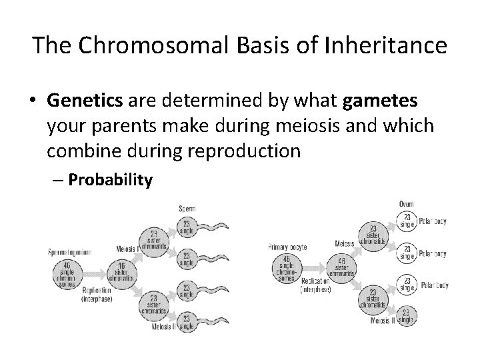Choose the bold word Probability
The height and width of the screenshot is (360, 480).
click(110, 179)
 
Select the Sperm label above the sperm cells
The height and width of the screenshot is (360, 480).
click(187, 209)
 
